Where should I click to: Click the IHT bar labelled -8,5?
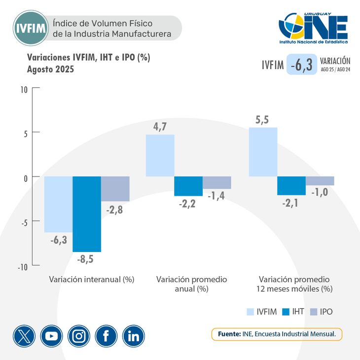pos(87,214)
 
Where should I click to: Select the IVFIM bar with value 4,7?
pos(160,155)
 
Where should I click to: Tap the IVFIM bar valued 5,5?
pos(263,152)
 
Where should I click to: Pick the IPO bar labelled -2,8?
pos(115,188)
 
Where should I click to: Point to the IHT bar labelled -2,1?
pos(291,185)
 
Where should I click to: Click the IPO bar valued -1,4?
pos(217,182)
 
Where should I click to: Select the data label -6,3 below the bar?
pos(59,240)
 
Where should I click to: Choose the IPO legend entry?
pos(321,312)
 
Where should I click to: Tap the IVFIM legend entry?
pos(261,312)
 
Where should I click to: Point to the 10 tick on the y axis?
pos(24,90)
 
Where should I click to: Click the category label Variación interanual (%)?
pos(92,279)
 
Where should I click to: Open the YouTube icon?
pos(52,336)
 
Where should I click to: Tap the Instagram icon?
pos(79,336)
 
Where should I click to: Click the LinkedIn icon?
pos(134,336)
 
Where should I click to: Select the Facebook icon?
pos(107,336)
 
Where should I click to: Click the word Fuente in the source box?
pos(229,334)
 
